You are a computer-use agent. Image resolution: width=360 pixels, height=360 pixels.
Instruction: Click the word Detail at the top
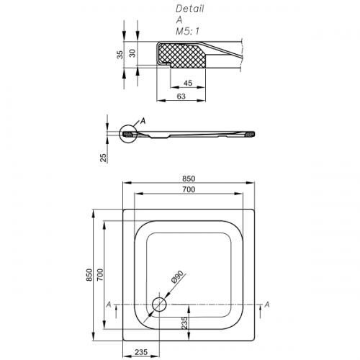[190, 9]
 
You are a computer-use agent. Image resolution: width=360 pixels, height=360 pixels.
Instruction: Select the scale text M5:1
[187, 31]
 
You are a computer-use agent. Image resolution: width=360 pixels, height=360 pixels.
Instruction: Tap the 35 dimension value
[120, 55]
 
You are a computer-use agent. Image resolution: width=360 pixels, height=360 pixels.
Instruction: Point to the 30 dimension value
[132, 53]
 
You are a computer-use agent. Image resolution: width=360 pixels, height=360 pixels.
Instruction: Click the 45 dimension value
[188, 83]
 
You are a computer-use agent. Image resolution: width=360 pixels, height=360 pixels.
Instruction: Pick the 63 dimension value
[181, 96]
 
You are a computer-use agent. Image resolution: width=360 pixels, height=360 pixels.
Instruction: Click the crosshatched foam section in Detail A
[181, 55]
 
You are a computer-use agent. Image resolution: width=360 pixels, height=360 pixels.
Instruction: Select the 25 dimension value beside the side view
[103, 158]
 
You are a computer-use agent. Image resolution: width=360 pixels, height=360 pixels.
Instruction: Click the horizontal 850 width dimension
[189, 179]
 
